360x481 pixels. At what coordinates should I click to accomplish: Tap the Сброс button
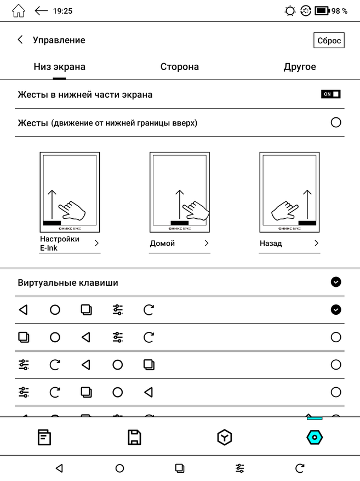tap(329, 41)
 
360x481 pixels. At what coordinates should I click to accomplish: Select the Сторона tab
tap(179, 67)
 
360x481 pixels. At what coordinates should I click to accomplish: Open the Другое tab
tap(299, 67)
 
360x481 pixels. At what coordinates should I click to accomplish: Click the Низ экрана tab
tap(59, 67)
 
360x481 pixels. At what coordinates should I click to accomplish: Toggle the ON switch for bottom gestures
tap(331, 94)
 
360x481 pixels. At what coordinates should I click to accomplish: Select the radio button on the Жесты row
tap(336, 122)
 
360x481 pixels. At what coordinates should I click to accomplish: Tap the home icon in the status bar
tap(18, 11)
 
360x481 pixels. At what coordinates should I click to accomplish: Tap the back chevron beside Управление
tap(20, 40)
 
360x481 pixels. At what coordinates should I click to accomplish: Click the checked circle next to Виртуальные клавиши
tap(336, 282)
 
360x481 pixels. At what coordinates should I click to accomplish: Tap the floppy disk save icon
tap(134, 437)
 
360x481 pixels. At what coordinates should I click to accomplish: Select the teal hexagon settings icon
tap(315, 437)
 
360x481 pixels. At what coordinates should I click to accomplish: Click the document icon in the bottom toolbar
tap(44, 437)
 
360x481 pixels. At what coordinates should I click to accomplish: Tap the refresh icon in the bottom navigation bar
tap(300, 468)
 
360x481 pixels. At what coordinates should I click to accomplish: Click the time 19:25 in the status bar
tap(62, 11)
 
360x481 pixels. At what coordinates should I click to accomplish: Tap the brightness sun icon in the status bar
tap(290, 11)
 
